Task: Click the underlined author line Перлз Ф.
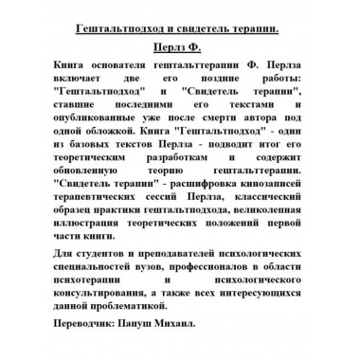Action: pyautogui.click(x=179, y=44)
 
